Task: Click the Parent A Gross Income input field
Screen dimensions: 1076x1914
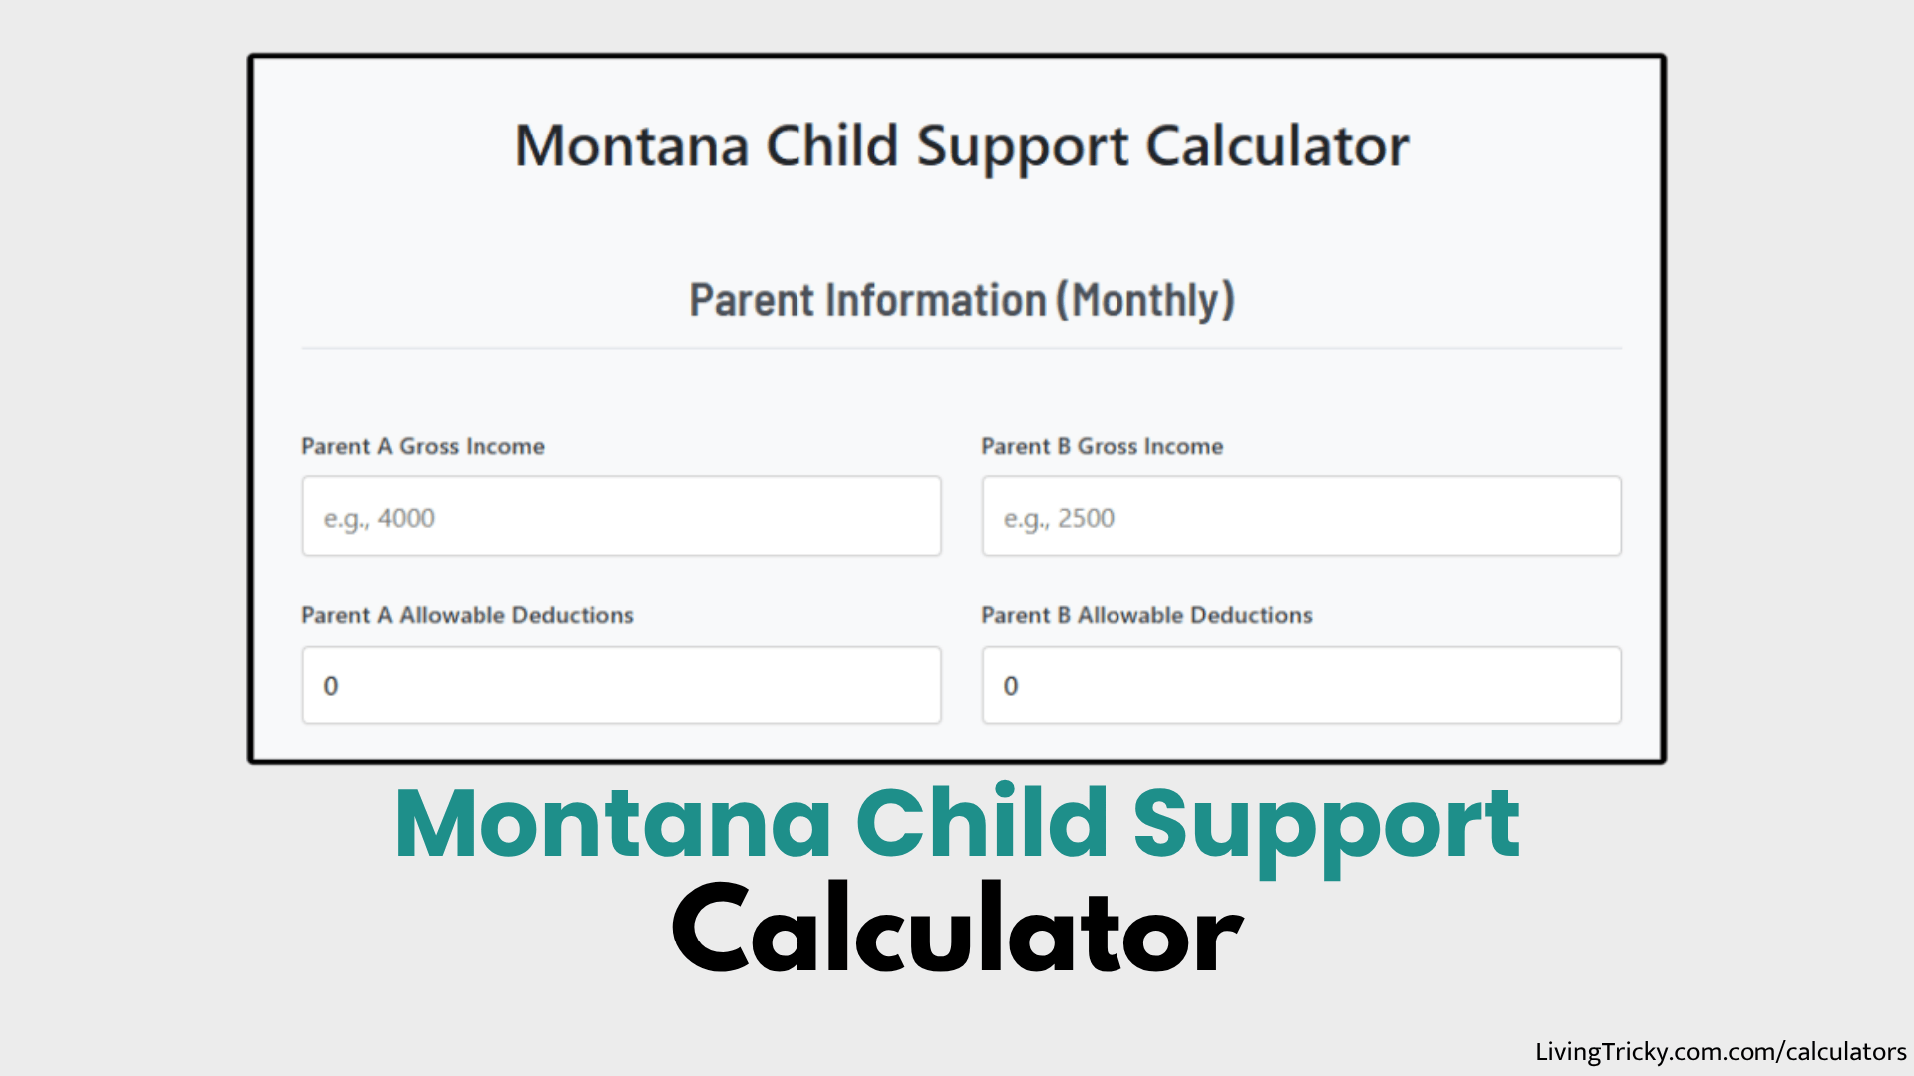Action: coord(621,516)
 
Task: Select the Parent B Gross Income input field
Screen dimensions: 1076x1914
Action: coord(1301,516)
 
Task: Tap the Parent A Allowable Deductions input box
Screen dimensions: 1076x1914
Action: coord(621,685)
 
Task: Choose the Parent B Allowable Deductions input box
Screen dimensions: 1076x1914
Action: coord(1301,685)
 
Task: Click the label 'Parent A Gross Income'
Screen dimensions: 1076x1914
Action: coord(423,446)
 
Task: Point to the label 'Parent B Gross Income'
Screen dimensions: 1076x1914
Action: coord(1102,446)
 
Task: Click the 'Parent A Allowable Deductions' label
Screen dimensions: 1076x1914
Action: coord(467,615)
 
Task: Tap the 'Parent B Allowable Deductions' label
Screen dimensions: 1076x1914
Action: coord(1146,615)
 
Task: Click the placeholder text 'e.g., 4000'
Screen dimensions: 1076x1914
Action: coord(379,518)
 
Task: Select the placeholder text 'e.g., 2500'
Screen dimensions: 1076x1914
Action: coord(1059,518)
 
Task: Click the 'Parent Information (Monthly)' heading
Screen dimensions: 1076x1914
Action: coord(961,300)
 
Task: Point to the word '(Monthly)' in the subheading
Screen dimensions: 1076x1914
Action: coord(1145,300)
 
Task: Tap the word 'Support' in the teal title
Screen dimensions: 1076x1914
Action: coord(1326,825)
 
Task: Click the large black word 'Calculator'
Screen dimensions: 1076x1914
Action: coord(957,931)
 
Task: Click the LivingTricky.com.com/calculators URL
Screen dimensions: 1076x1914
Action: coord(1720,1052)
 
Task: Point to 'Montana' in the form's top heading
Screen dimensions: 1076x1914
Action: coord(632,146)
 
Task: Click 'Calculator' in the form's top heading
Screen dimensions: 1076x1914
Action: coord(1277,146)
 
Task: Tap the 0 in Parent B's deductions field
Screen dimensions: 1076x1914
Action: coord(1010,686)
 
